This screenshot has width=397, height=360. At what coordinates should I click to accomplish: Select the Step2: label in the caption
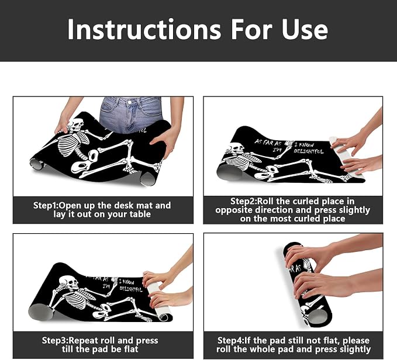click(243, 202)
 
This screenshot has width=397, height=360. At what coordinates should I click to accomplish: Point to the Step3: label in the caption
click(55, 341)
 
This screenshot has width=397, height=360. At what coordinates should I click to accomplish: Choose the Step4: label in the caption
click(230, 341)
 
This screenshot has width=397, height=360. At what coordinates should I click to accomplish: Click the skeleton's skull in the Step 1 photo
click(76, 124)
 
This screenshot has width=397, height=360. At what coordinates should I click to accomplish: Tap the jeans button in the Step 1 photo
click(129, 102)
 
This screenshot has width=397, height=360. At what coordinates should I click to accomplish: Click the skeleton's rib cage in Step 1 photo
click(70, 144)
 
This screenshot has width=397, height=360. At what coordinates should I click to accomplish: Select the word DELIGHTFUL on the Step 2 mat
click(308, 151)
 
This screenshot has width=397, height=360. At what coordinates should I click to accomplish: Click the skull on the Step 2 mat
click(236, 148)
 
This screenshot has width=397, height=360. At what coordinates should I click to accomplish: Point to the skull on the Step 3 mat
click(68, 283)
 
